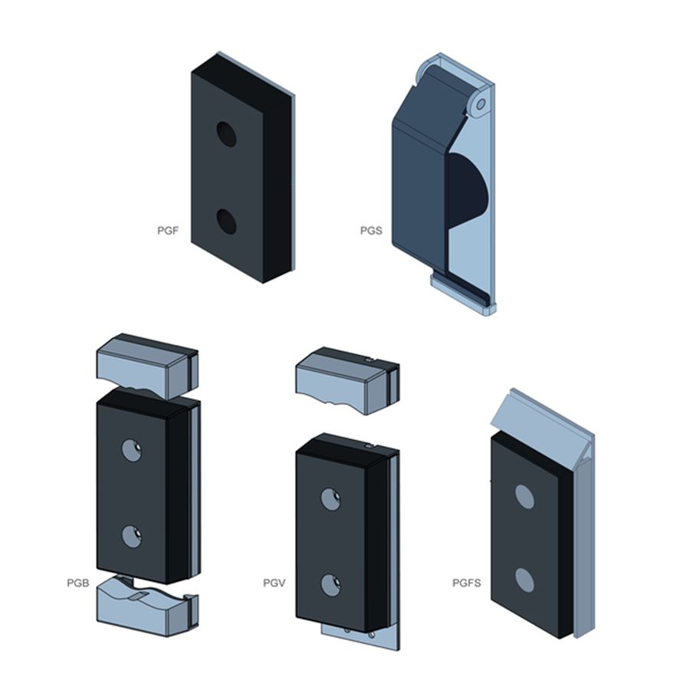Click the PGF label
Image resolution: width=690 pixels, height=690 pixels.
coord(168,231)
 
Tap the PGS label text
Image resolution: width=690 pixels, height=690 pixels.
coord(371,231)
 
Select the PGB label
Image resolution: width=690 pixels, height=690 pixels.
coord(78,583)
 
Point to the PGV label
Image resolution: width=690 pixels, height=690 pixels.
coord(274,583)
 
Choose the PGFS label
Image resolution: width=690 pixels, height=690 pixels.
coord(466,583)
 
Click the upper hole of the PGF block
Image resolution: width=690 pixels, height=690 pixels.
coord(227,134)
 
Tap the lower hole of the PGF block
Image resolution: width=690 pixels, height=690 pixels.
coord(227,222)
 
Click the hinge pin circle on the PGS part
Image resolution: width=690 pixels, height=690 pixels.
coord(481,104)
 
